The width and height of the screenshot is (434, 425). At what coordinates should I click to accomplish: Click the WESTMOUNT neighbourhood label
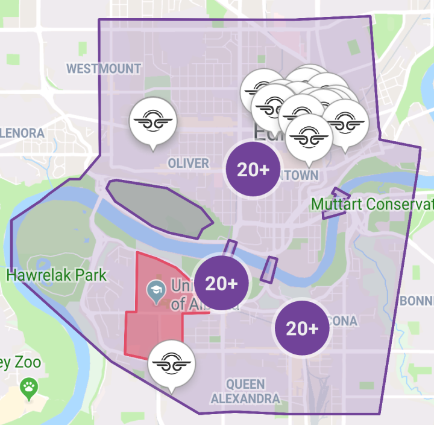coord(103,68)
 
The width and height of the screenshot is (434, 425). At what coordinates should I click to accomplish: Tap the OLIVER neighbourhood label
coord(188,163)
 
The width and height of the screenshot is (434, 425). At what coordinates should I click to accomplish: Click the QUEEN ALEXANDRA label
coord(245,391)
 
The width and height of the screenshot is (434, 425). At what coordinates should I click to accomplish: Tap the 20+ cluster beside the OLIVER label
coord(253,170)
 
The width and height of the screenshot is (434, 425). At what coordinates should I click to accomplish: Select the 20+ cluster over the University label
coord(221,283)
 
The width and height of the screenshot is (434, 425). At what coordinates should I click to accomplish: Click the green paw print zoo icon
coord(28,388)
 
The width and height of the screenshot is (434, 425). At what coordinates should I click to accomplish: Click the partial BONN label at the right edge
coord(416,300)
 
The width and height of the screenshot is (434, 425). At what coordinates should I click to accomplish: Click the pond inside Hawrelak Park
coord(43,266)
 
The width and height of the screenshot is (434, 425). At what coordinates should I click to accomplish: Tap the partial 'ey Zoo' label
coord(20,363)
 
